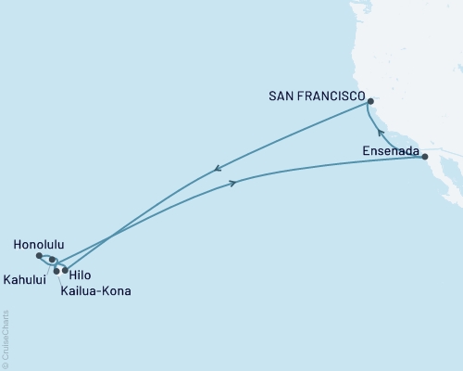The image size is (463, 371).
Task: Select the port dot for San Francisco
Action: (369, 101)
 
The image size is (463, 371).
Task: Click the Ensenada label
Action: (390, 149)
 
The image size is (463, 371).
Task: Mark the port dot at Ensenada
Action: (425, 157)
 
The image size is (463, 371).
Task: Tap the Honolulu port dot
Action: (38, 255)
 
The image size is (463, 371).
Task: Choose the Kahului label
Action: (25, 277)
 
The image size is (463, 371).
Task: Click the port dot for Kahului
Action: (56, 271)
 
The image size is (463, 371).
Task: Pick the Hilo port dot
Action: (65, 270)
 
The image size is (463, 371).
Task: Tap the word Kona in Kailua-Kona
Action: (116, 291)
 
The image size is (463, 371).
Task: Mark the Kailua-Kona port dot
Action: (53, 260)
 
